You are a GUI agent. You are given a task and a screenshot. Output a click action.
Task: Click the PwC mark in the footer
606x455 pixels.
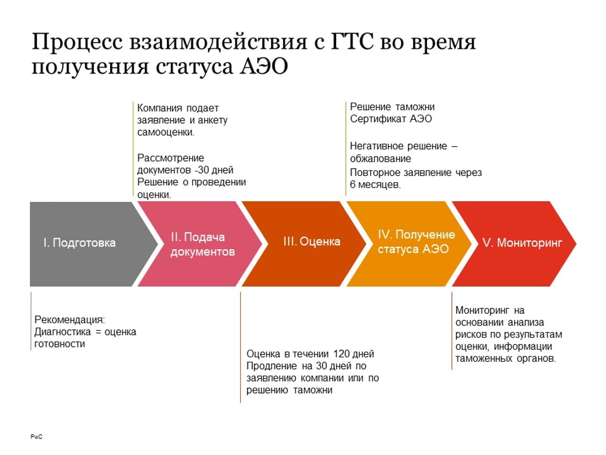(x=36, y=437)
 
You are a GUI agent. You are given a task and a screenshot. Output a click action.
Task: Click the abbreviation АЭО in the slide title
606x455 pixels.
(x=264, y=66)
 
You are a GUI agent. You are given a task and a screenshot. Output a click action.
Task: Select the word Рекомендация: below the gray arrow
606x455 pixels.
(x=69, y=320)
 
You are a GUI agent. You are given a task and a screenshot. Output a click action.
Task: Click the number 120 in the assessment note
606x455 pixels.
(x=341, y=354)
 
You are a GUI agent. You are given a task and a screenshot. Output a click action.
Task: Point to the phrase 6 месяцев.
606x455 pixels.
(x=375, y=185)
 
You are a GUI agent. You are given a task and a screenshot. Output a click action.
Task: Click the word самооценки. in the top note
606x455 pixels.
(x=166, y=132)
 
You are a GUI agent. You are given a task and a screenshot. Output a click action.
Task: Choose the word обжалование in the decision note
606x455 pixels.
(x=380, y=159)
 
